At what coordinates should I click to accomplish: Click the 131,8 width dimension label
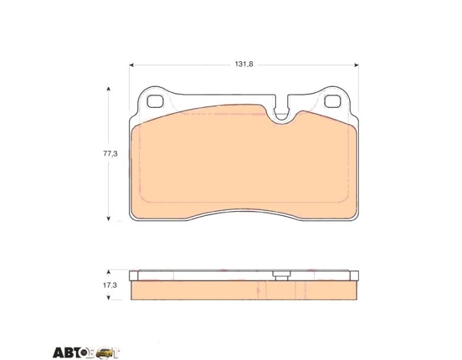(244, 65)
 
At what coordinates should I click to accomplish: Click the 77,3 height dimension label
(110, 154)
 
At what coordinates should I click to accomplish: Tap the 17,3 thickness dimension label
(110, 285)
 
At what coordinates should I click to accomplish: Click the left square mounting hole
(155, 102)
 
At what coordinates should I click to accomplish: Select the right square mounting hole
(332, 102)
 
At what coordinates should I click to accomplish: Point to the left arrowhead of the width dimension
(132, 65)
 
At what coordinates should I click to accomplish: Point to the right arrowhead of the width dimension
(356, 65)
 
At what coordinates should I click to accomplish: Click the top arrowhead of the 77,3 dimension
(109, 89)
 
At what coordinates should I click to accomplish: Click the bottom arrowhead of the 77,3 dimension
(109, 218)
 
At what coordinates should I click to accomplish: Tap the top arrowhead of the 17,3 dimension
(109, 272)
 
